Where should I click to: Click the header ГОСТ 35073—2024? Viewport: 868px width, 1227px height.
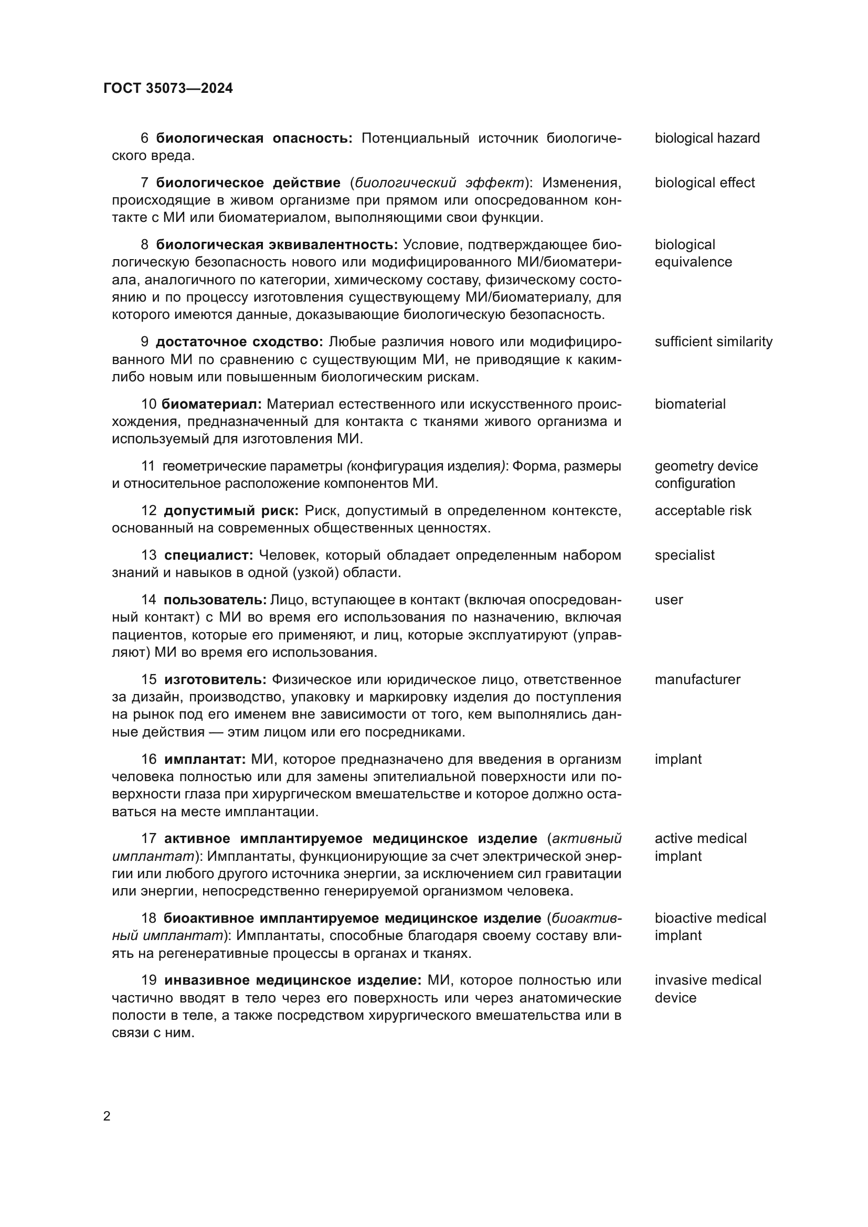[x=168, y=88]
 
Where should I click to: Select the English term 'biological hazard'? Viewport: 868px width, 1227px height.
[x=706, y=138]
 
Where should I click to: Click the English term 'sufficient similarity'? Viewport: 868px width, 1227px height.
[x=713, y=342]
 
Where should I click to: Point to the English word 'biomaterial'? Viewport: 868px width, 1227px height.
[x=690, y=404]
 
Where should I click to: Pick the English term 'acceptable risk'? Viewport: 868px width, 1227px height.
[x=702, y=510]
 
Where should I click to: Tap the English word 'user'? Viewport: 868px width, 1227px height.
[x=668, y=600]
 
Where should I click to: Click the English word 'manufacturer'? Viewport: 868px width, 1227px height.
[x=697, y=679]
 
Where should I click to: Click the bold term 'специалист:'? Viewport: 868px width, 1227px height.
[x=208, y=555]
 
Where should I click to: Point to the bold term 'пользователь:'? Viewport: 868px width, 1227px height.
[x=215, y=600]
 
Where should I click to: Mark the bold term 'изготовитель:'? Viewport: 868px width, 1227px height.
[x=215, y=679]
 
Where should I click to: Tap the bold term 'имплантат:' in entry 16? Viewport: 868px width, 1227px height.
[x=205, y=759]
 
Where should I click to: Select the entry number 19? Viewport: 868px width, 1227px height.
[x=149, y=980]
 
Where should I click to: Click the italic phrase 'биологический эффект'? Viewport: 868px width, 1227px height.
[x=439, y=183]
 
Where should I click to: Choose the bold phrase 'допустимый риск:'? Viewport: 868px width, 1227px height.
[x=231, y=510]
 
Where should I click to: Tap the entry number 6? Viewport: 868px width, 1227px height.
[x=144, y=138]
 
